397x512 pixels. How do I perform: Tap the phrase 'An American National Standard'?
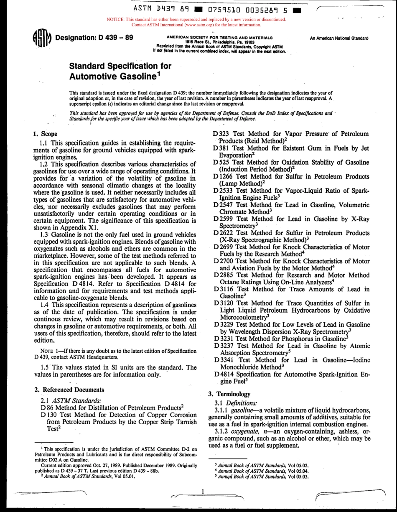click(x=339, y=38)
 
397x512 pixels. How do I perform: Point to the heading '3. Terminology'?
click(x=231, y=394)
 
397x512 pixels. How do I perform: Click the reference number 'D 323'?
click(x=219, y=134)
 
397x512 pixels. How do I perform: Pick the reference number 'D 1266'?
click(x=221, y=176)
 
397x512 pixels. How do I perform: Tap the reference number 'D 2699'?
click(x=221, y=247)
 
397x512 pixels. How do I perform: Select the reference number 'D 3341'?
click(x=221, y=360)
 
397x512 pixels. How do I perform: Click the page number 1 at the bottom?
click(x=202, y=492)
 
